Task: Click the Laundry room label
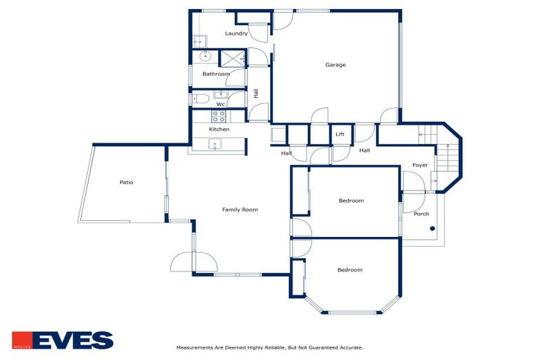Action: [x=236, y=34]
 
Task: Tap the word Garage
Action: [x=335, y=65]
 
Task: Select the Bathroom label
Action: [x=216, y=74]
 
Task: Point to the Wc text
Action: [x=220, y=105]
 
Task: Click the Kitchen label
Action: [x=219, y=130]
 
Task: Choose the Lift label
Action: [x=340, y=134]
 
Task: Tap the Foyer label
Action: [x=420, y=165]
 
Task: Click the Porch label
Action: [x=421, y=214]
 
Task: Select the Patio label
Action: [x=126, y=183]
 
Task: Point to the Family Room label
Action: [x=240, y=210]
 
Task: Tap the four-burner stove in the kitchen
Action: [x=219, y=117]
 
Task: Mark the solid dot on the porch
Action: [x=434, y=229]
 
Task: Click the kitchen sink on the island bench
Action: [x=216, y=146]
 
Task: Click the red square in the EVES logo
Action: [x=21, y=340]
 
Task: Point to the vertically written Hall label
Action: [x=256, y=94]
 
